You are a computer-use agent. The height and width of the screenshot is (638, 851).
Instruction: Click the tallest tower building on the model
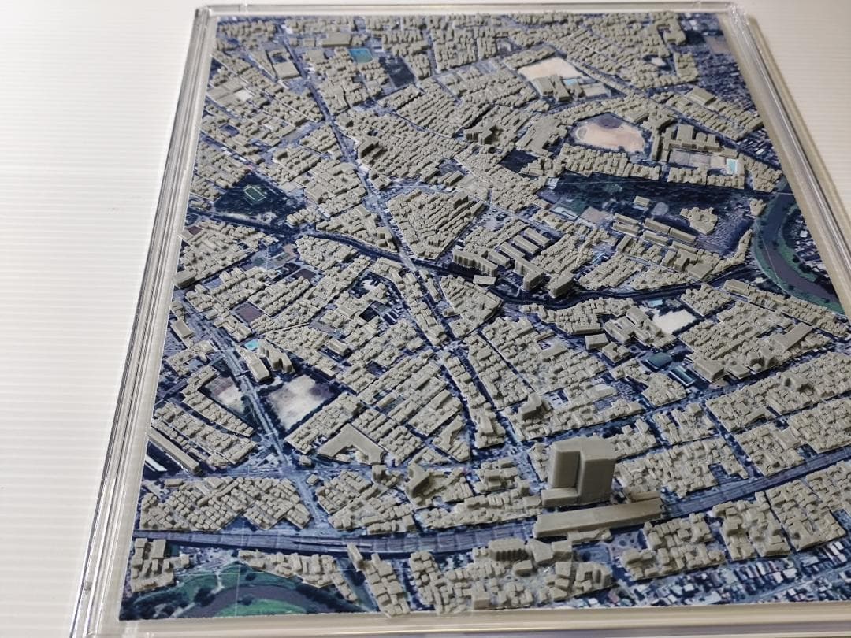pos(582,469)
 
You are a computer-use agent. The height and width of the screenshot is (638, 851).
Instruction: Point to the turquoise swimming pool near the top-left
pos(361,55)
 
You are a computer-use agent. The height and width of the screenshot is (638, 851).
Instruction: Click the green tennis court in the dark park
pos(253,193)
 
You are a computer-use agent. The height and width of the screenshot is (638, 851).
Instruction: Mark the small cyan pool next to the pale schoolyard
pos(251,345)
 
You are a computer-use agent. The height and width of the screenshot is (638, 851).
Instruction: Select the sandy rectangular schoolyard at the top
pos(549,69)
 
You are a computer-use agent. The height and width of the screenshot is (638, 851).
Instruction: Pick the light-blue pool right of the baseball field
pos(733,166)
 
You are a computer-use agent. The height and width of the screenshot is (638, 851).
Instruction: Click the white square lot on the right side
pos(674,320)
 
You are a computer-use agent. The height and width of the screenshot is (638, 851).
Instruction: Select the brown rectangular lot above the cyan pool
pos(247,313)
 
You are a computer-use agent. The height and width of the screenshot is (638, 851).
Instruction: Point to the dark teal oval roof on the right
pos(659,360)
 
